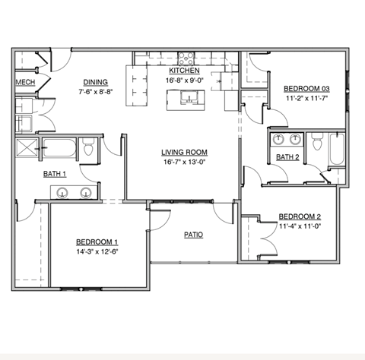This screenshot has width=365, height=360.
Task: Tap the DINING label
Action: pyautogui.click(x=95, y=82)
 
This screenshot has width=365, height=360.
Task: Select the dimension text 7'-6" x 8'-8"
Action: pyautogui.click(x=95, y=91)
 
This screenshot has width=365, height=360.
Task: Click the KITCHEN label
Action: pyautogui.click(x=184, y=71)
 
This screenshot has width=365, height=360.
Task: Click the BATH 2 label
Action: pyautogui.click(x=286, y=157)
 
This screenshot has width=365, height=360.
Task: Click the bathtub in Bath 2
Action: pyautogui.click(x=337, y=149)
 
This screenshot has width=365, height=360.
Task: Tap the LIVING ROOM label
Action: pyautogui.click(x=183, y=151)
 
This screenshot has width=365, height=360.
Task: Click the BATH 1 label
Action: pyautogui.click(x=54, y=174)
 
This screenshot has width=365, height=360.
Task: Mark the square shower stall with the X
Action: pyautogui.click(x=28, y=148)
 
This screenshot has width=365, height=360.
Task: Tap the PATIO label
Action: pyautogui.click(x=193, y=235)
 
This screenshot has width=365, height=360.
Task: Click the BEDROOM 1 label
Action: pyautogui.click(x=97, y=241)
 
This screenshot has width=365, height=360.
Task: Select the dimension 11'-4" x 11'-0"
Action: pyautogui.click(x=300, y=226)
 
